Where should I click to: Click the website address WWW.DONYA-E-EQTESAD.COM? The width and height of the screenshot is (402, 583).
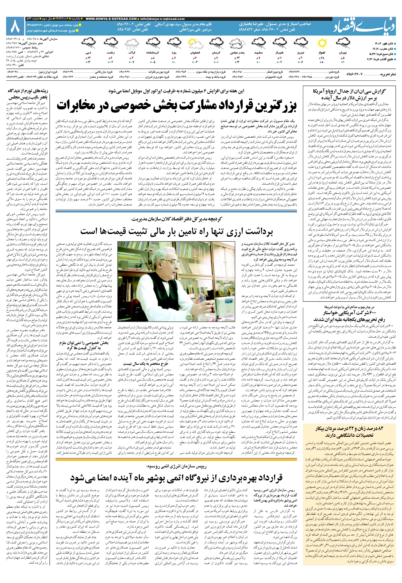(x=111, y=19)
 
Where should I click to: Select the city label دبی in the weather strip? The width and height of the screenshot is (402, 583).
(x=88, y=53)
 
